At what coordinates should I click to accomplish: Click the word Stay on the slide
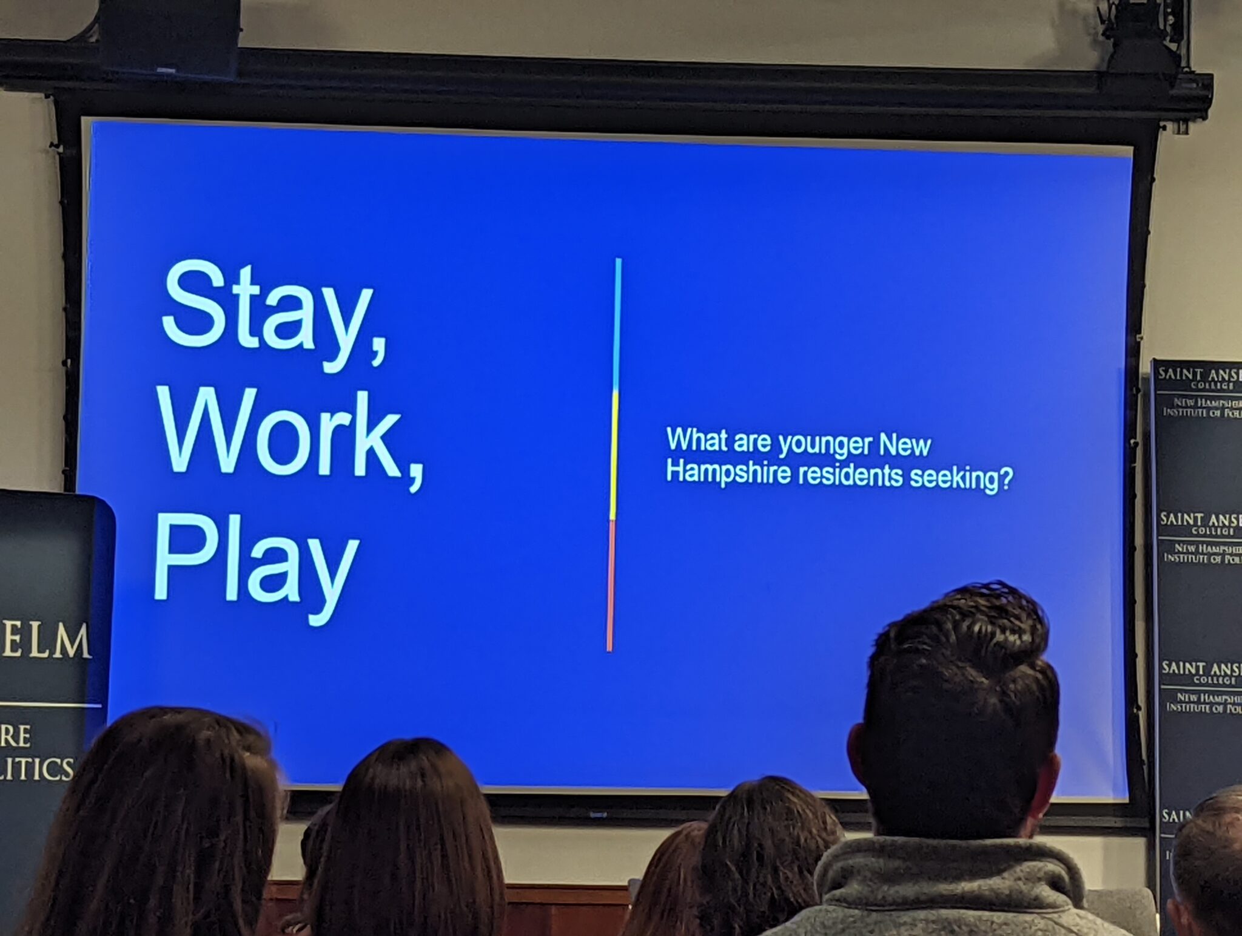click(267, 313)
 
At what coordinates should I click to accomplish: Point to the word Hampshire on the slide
click(728, 472)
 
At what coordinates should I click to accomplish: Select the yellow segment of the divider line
click(614, 455)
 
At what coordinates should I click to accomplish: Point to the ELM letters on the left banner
click(46, 641)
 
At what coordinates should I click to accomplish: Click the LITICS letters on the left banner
click(36, 768)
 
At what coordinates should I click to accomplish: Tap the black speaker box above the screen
click(170, 36)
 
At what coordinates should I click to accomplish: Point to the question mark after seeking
click(1005, 480)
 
